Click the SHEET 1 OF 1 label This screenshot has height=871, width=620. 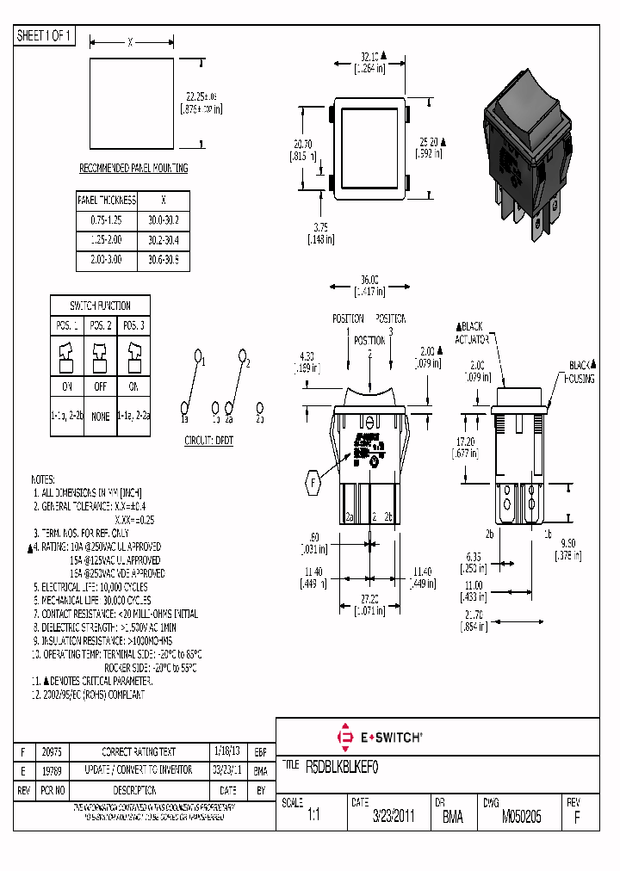click(45, 36)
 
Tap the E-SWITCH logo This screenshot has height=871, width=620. click(378, 737)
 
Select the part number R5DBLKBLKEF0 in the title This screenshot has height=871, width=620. click(343, 764)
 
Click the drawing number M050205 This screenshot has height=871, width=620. click(522, 817)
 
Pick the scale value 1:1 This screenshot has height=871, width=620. click(313, 817)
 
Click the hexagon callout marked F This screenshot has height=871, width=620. click(313, 485)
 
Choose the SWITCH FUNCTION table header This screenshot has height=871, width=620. click(101, 306)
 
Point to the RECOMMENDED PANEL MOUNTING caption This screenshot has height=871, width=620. click(133, 169)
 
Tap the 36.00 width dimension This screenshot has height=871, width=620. click(369, 281)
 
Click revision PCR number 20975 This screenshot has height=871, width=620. click(54, 751)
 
